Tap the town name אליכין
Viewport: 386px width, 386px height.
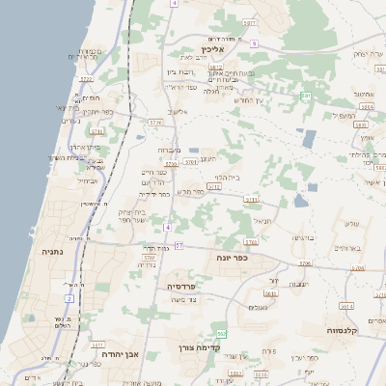[x=213, y=48]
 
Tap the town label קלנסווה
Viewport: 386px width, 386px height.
[x=343, y=331]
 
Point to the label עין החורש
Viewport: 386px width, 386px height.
[x=248, y=99]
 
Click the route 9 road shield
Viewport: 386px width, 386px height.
[x=253, y=43]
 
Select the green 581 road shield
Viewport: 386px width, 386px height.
[x=306, y=96]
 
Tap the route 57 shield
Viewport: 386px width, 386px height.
[x=179, y=246]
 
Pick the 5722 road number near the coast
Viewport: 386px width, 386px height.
[x=86, y=79]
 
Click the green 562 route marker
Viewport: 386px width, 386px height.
[x=221, y=333]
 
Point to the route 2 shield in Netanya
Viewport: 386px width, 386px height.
[x=69, y=297]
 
